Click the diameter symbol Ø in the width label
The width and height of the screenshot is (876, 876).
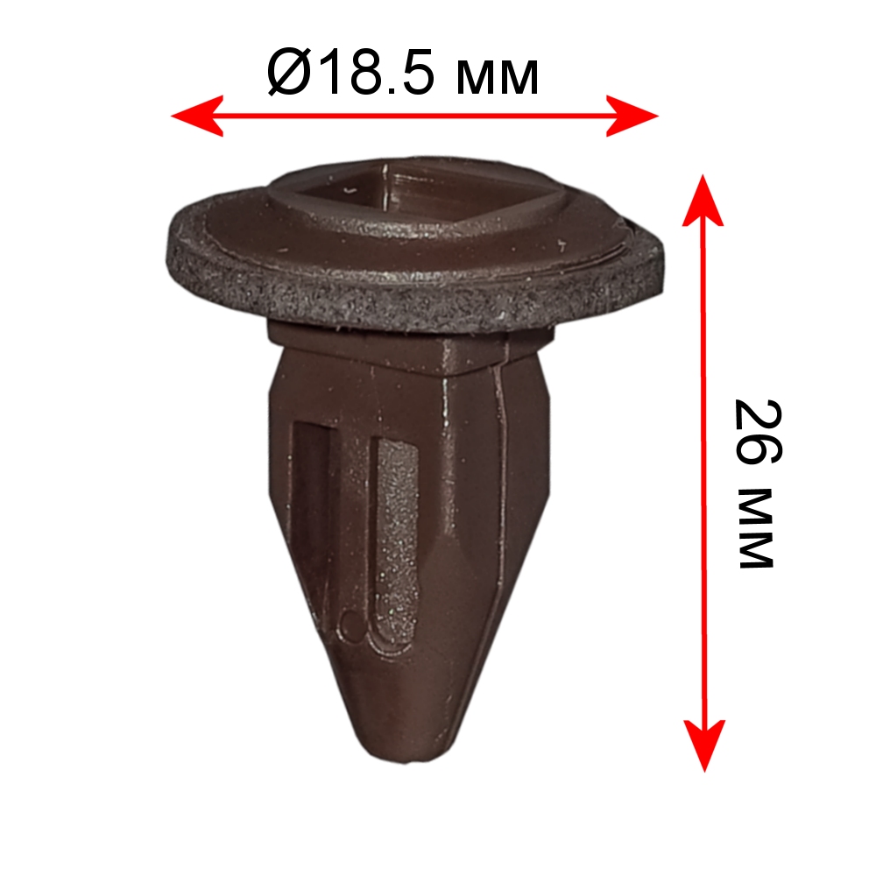[288, 73]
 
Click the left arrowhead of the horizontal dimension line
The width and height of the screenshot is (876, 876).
[196, 116]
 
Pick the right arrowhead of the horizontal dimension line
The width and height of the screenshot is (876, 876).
[632, 116]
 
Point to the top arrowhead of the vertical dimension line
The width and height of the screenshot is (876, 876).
[703, 200]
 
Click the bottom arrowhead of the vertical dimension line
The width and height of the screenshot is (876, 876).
[704, 745]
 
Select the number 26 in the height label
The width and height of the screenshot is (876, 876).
[758, 433]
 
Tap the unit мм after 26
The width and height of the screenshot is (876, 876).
[755, 528]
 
